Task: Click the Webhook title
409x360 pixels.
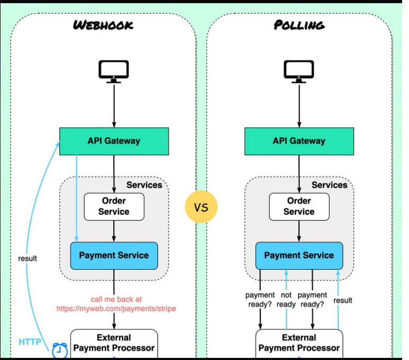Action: point(103,25)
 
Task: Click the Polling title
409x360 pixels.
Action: point(299,25)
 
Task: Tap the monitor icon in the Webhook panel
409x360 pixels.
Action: point(114,72)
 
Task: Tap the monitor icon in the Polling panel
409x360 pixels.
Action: point(299,72)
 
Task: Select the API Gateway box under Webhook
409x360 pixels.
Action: point(114,141)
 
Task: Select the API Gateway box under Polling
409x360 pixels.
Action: point(299,141)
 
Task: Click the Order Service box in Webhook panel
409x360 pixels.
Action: point(114,206)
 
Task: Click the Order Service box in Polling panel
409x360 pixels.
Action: point(299,206)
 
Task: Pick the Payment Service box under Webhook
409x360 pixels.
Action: point(114,255)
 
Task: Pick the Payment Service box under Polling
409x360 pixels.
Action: point(299,255)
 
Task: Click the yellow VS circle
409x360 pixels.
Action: point(202,207)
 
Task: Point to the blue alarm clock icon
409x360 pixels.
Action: point(59,349)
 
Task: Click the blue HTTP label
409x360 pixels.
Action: point(30,342)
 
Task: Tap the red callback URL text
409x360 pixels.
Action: point(116,304)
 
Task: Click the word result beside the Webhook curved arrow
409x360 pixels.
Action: point(28,259)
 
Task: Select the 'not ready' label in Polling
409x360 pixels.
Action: point(286,300)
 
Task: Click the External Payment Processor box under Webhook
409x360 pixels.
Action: point(114,343)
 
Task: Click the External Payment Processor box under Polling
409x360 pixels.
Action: point(299,343)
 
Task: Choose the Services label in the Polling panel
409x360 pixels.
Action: point(329,185)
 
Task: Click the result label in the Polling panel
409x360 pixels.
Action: point(343,300)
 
